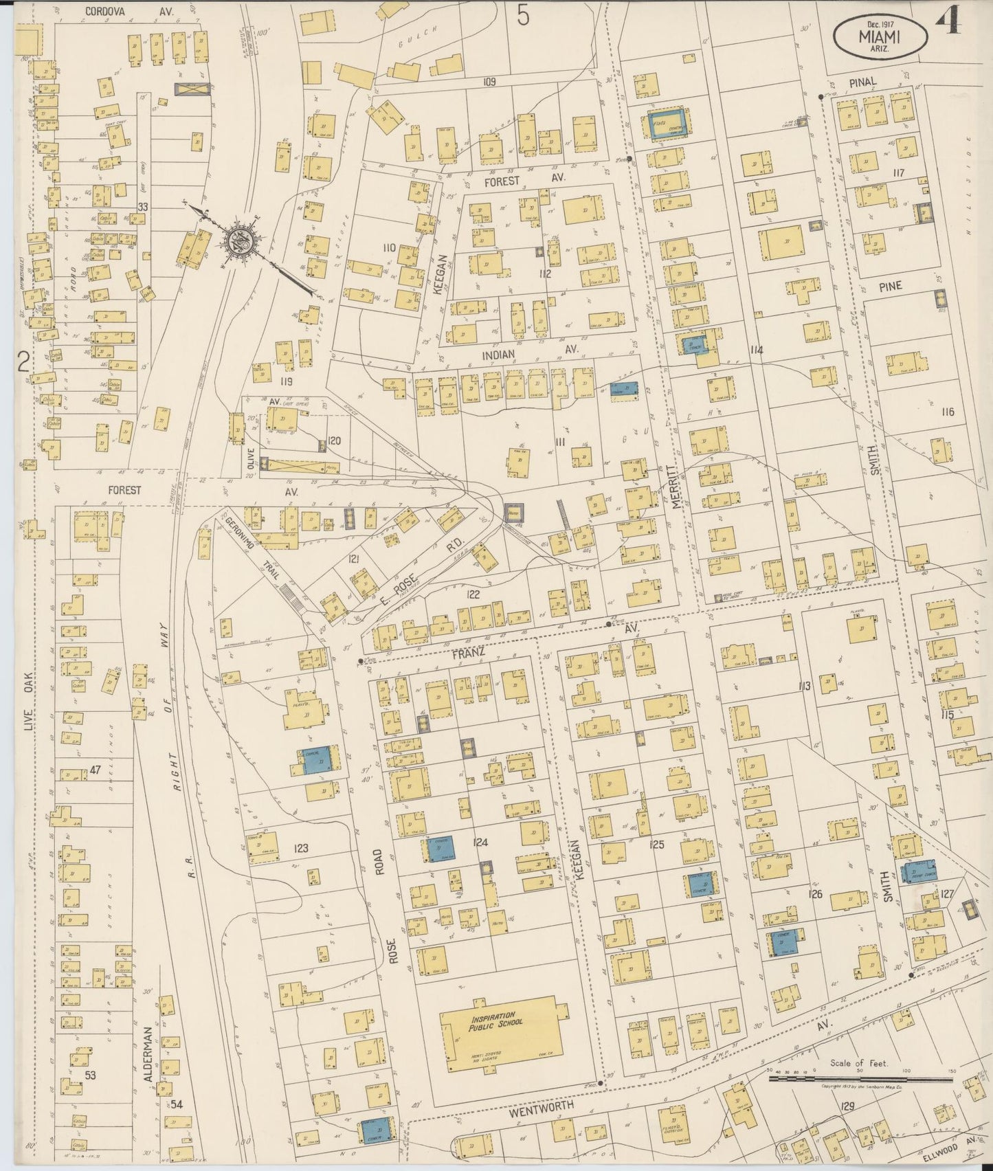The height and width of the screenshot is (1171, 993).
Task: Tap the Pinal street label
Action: pos(862,82)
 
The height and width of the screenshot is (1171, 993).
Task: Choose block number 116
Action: pos(948,412)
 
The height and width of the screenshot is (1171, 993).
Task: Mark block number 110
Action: pos(388,247)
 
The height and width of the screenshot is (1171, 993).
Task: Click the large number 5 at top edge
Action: pos(524,15)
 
